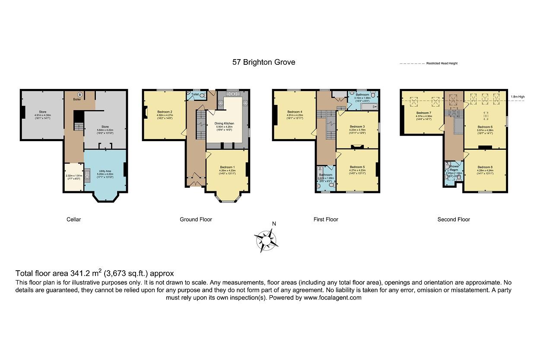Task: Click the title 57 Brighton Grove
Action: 264,62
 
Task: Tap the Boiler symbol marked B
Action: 79,95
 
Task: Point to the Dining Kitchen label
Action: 224,123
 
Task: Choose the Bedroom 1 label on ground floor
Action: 227,167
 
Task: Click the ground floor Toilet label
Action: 195,94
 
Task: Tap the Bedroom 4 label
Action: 294,111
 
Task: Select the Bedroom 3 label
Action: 357,126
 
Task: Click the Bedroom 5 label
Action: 357,167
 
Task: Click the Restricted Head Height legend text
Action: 442,63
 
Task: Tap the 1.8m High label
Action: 517,97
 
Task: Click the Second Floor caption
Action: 453,219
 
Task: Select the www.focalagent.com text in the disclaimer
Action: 332,298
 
